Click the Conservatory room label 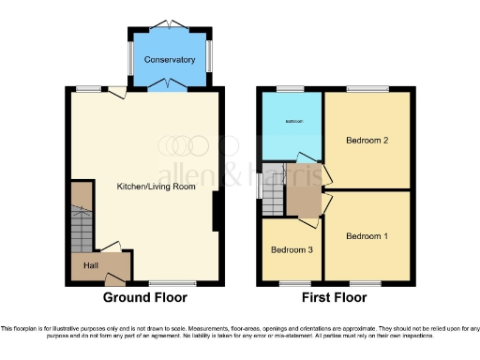[170, 60]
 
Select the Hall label [91, 266]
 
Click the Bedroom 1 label [367, 236]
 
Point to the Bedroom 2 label [367, 142]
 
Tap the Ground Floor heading [144, 298]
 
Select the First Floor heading [335, 298]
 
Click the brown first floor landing [304, 199]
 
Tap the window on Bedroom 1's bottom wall [365, 282]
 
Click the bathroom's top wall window [291, 89]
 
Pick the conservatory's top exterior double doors [170, 23]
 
